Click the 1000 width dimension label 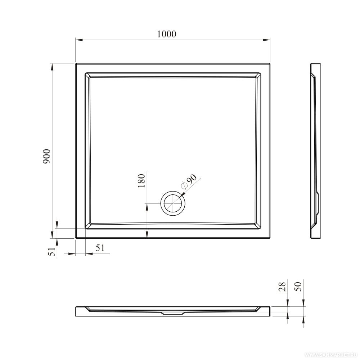point(166,34)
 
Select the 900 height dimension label point(46,156)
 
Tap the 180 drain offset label point(141,181)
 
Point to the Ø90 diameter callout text point(189,181)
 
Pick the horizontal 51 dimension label point(100,248)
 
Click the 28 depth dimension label point(282,287)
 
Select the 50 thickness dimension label point(298,287)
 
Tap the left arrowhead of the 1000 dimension point(79,40)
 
